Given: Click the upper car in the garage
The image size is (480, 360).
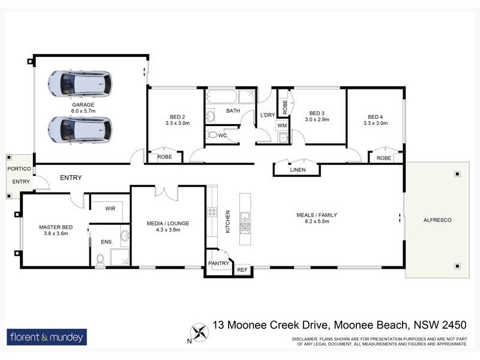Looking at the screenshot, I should point(80,83).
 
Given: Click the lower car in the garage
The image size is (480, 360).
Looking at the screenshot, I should point(80,129).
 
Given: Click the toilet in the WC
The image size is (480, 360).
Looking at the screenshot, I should point(212,135).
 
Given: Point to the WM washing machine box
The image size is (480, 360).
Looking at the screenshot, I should point(281,125).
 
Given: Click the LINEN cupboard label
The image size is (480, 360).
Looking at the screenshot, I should point(298,170).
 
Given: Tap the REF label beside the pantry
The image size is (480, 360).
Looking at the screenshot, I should point(242,271).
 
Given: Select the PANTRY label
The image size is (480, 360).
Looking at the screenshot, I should point(218,263).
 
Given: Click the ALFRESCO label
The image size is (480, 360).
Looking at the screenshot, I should point(437,220).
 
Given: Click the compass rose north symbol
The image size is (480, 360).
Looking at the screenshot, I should point(199,331).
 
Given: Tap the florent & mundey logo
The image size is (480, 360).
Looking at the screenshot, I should point(47,337).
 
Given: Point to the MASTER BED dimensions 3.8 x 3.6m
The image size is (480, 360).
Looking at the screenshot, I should point(55,234).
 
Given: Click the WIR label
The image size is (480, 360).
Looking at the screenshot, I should point(110,209).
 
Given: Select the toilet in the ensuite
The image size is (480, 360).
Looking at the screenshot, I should point(100,259).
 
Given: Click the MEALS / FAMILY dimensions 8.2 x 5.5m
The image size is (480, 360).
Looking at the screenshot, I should point(317,221).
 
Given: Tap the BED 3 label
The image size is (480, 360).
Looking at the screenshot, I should point(317,113).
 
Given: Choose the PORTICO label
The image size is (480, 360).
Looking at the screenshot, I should point(19,169).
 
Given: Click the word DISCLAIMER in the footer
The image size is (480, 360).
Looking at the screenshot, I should point(309,340).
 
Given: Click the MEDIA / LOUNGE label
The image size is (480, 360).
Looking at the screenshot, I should point(167,223).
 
